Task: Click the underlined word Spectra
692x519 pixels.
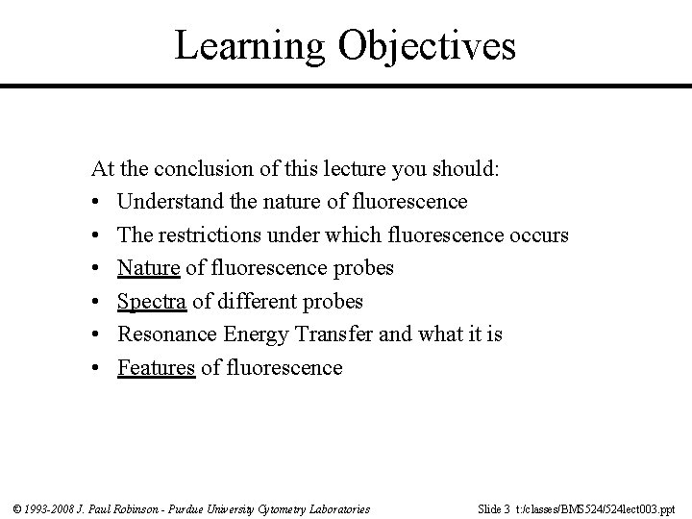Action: [x=151, y=301]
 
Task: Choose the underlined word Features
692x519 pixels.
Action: [x=157, y=367]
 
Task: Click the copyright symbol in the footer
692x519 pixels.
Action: [x=17, y=508]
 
